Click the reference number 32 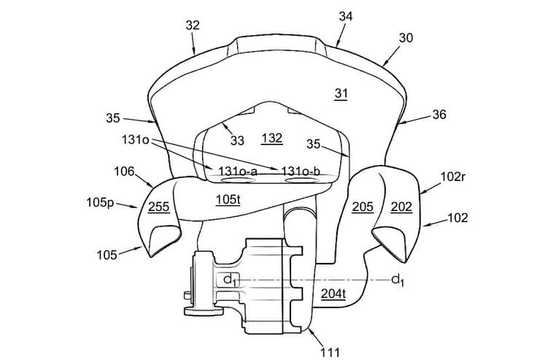(193, 25)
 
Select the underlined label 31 (342, 93)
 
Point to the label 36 (439, 114)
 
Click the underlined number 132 (271, 138)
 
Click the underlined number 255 (159, 207)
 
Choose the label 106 (124, 172)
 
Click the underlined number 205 (362, 207)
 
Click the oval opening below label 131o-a (235, 180)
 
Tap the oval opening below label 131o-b (300, 180)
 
